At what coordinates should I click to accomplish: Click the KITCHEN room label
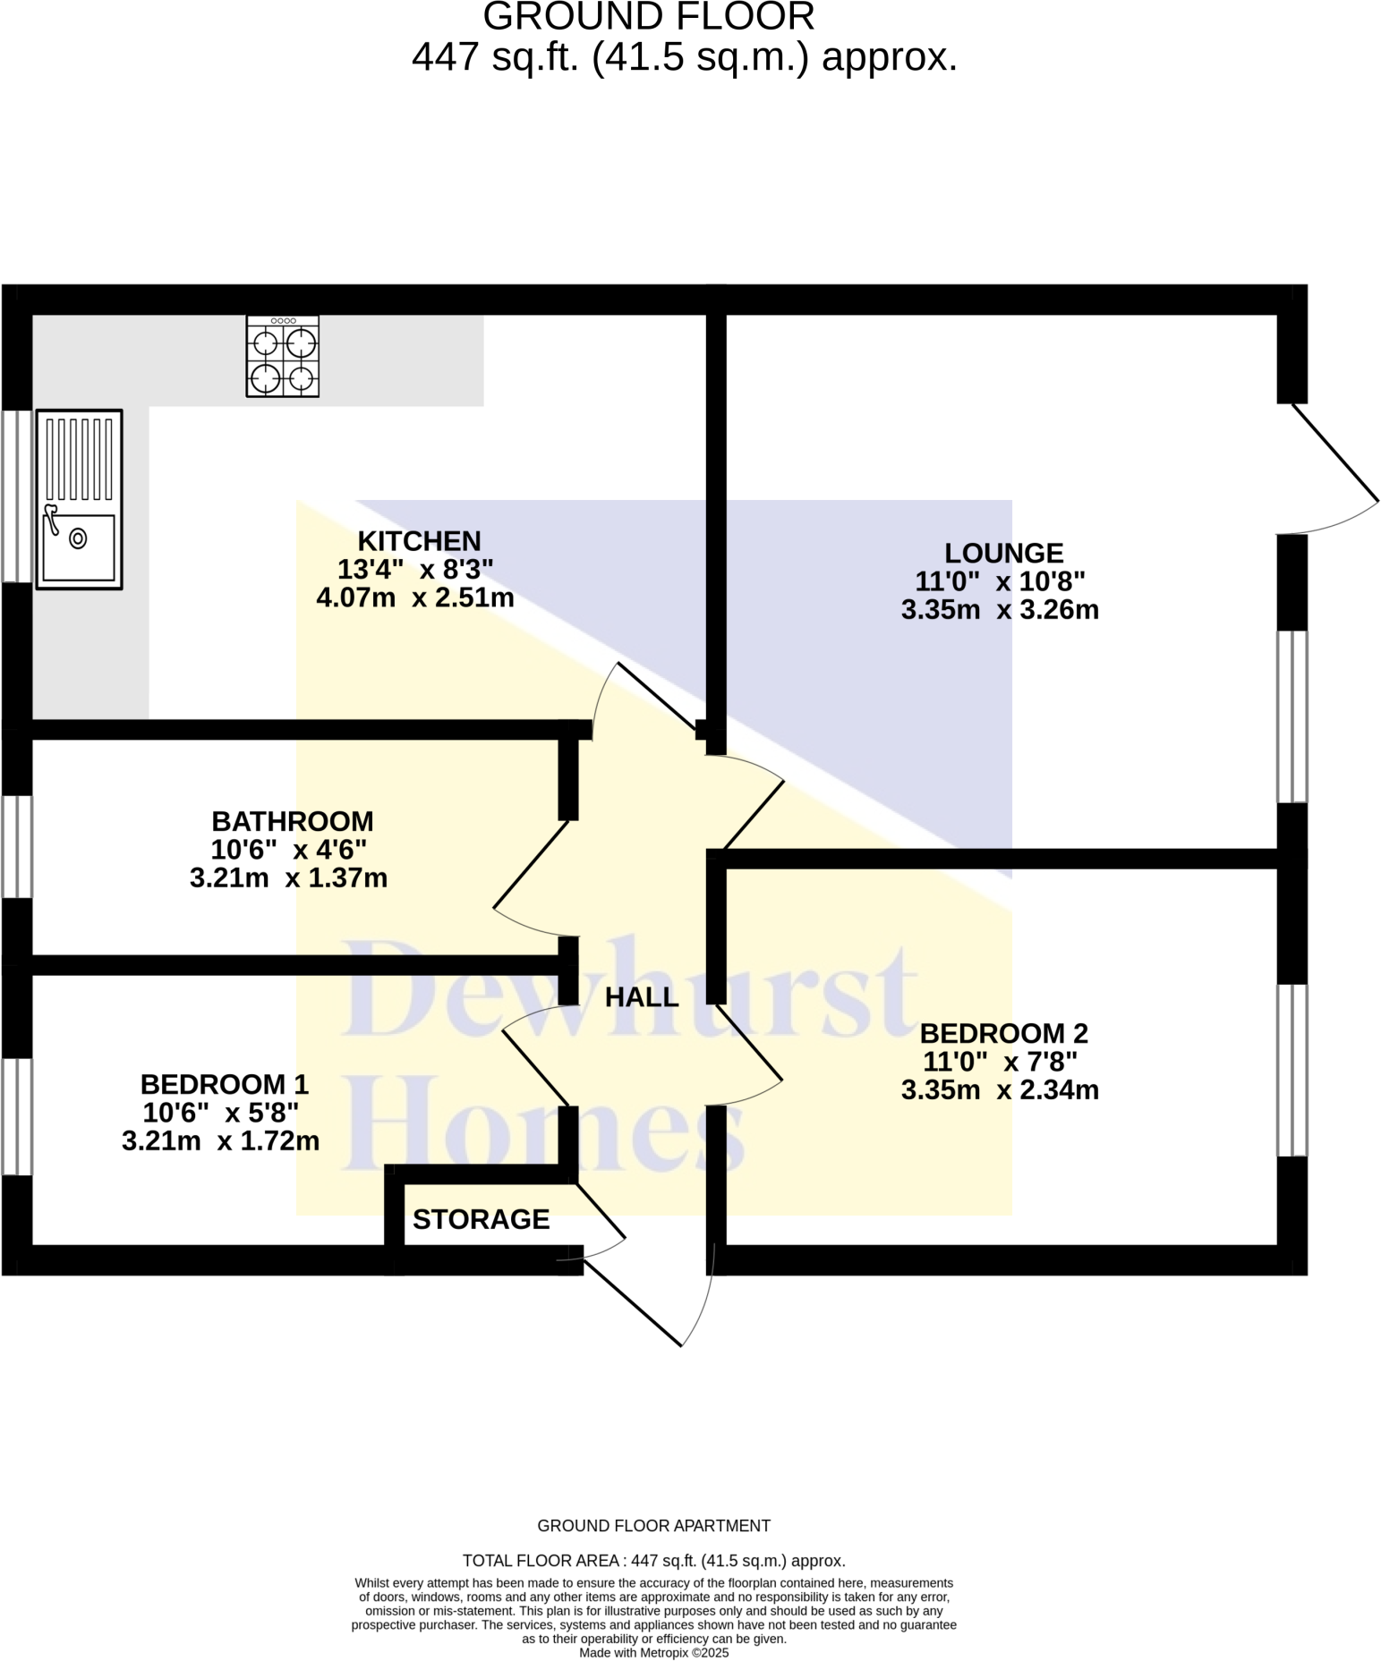419,541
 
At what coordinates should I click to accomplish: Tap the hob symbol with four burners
283,356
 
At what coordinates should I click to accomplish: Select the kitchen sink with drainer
79,499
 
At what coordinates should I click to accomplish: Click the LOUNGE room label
1003,553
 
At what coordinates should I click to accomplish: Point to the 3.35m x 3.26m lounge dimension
1000,610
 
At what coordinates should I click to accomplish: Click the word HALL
642,997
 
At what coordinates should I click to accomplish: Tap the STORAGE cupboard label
481,1219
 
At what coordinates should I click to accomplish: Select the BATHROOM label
293,821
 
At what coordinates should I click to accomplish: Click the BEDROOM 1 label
225,1084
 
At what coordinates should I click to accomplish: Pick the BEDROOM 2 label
1003,1033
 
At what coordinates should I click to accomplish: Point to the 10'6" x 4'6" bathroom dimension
289,849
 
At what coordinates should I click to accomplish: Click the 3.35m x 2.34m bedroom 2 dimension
1000,1090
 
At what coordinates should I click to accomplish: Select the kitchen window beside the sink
16,496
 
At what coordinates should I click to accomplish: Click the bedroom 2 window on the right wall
1291,1070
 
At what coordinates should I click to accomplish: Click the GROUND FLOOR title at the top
649,17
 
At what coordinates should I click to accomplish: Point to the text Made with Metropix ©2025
653,1653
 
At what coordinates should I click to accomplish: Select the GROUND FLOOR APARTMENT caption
653,1526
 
